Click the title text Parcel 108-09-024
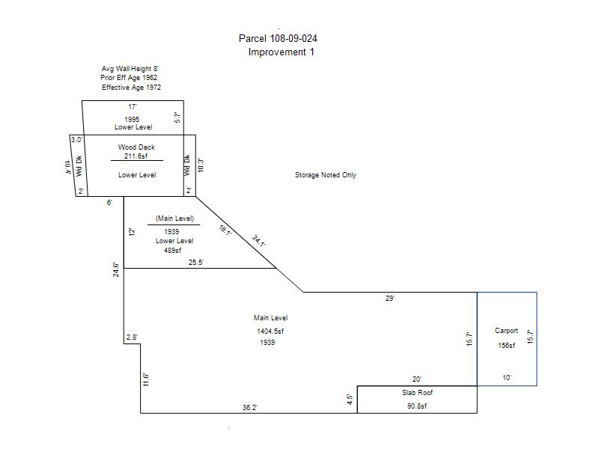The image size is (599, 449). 282,38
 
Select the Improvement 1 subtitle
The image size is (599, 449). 281,52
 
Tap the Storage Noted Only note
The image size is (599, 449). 325,175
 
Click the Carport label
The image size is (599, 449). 506,331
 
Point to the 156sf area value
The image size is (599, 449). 506,346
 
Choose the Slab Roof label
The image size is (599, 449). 417,392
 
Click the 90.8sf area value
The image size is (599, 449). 417,406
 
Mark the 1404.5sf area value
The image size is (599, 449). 270,331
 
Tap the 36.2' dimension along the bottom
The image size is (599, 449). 251,408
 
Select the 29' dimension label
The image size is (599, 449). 389,298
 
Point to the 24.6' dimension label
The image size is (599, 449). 116,269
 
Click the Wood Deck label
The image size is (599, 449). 136,147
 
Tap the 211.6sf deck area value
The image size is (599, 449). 136,156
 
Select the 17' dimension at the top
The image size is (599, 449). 132,107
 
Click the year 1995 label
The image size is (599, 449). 132,119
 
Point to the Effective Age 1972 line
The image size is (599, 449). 131,88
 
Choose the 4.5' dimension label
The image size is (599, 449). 350,400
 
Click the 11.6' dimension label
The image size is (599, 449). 146,379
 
